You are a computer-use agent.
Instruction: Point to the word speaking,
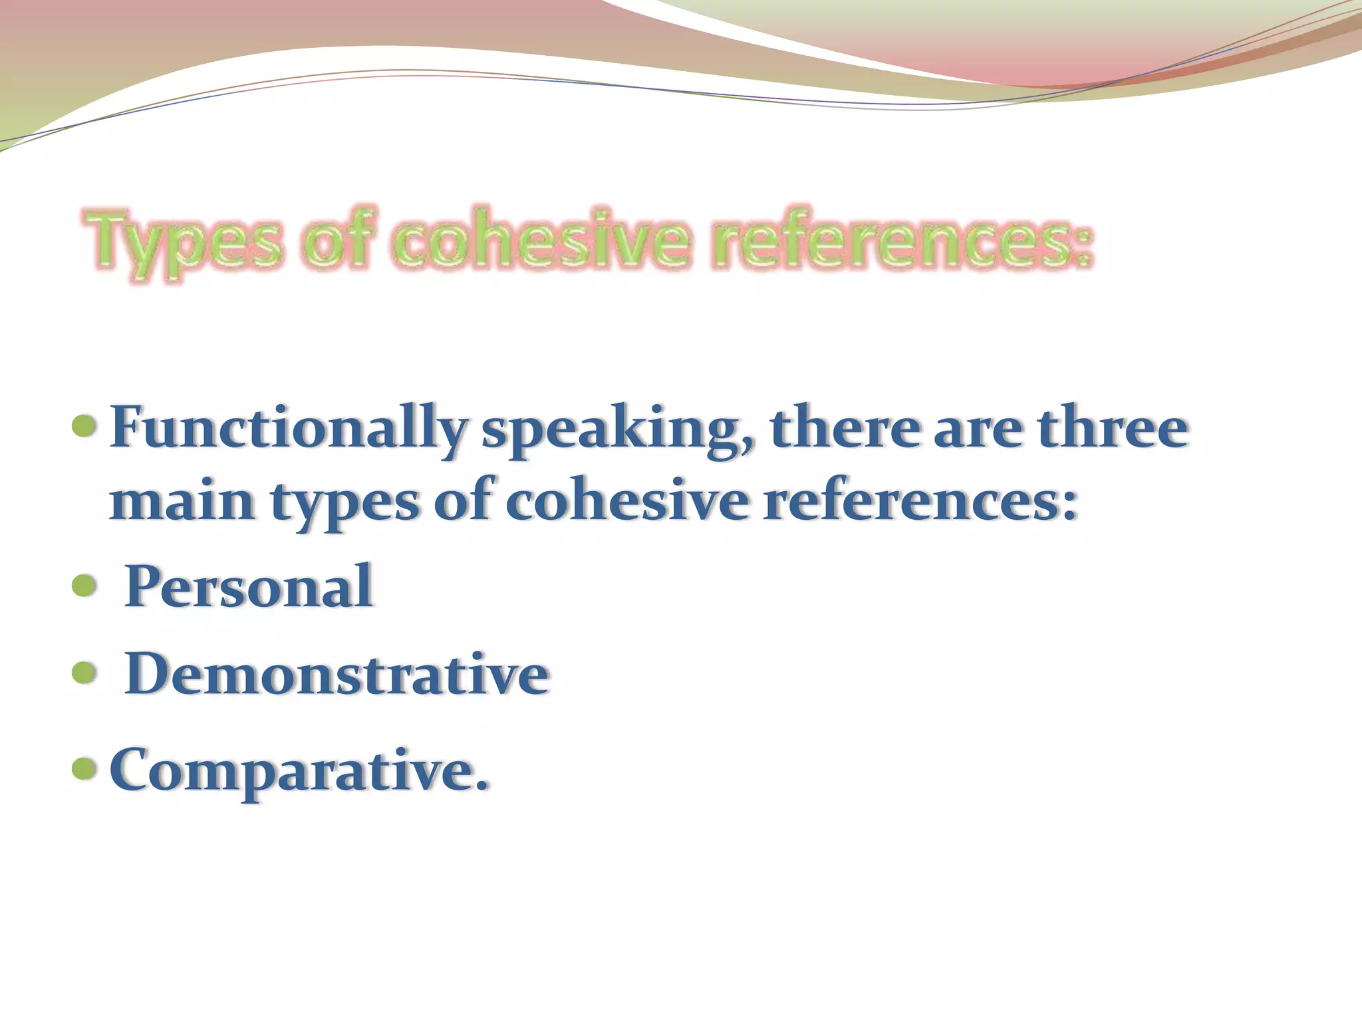coord(618,429)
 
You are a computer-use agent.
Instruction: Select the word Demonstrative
coord(337,673)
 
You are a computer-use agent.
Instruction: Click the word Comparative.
coord(299,770)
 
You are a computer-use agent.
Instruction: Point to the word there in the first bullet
coord(845,427)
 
